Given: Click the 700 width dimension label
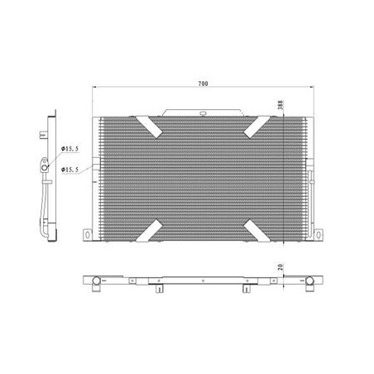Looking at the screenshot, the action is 204,84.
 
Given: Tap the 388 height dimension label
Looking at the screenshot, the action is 280,105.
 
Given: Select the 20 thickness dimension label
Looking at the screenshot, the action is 280,266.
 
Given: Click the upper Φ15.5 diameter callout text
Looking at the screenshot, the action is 70,149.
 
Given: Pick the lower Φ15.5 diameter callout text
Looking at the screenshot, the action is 70,170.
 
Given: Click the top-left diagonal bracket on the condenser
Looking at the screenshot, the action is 149,127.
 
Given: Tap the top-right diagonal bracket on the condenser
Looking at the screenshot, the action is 257,127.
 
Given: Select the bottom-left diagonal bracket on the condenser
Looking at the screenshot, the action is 149,231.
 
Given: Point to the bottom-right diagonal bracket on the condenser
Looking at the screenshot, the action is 257,231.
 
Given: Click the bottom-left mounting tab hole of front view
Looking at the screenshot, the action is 88,235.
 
